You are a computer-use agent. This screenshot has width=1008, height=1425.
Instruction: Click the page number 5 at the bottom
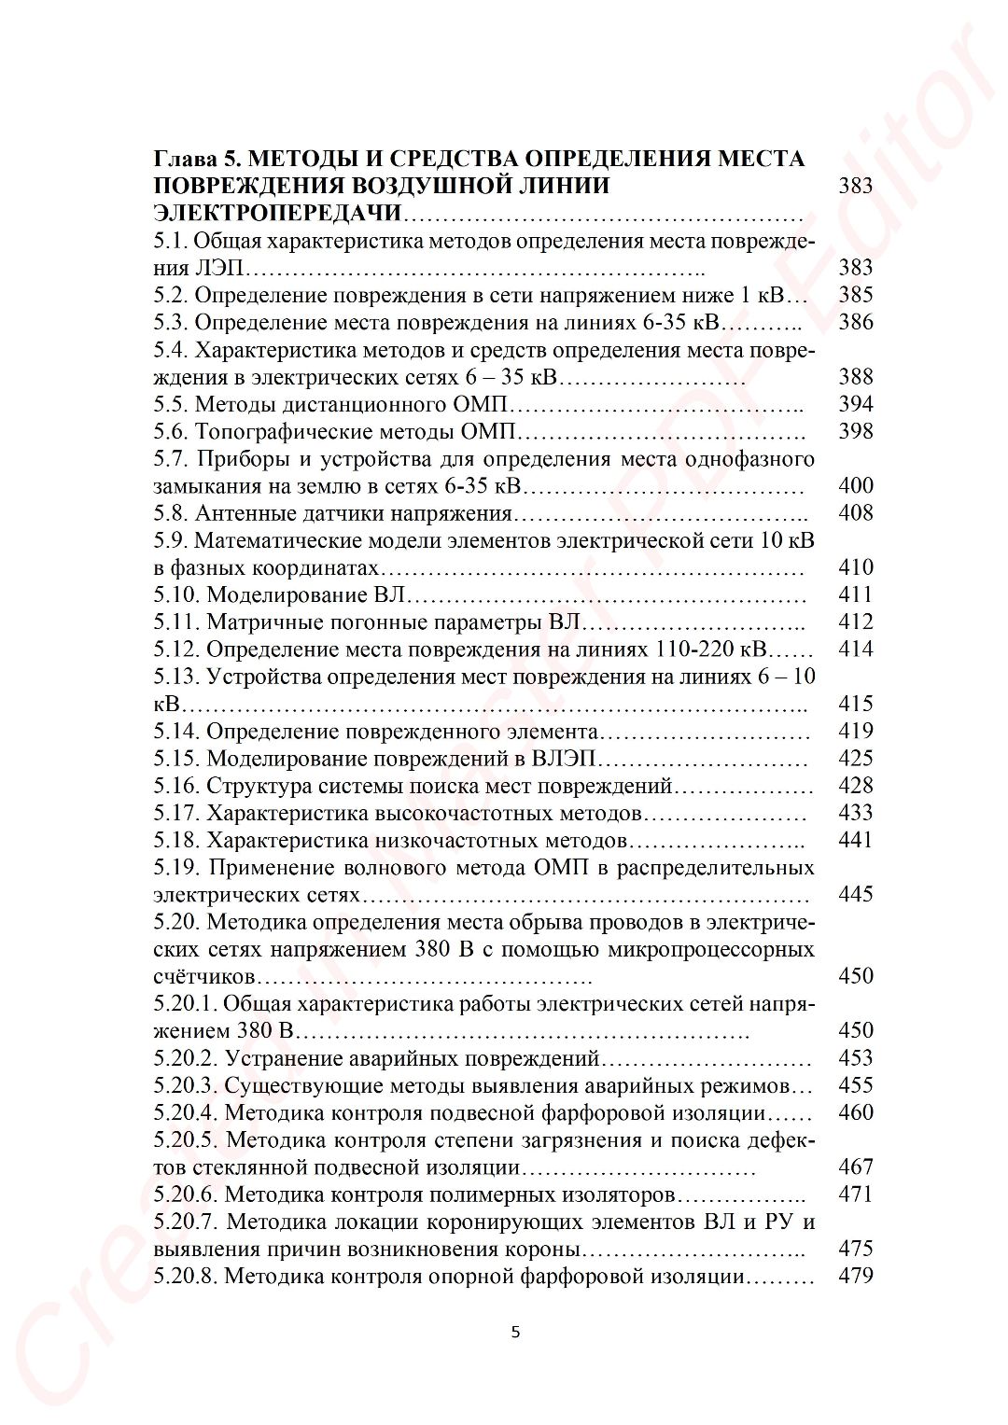click(x=515, y=1332)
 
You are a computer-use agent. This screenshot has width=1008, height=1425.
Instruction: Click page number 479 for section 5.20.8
click(x=855, y=1276)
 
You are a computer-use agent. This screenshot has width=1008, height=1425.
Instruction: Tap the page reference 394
click(x=855, y=404)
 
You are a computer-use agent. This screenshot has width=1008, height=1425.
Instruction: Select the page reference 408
click(x=855, y=512)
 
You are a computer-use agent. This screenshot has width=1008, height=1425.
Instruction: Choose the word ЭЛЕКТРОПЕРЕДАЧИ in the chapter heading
click(x=277, y=213)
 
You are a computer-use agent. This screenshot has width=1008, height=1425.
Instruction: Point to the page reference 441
click(x=855, y=840)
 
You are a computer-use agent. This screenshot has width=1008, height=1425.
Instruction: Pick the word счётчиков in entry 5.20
click(x=203, y=977)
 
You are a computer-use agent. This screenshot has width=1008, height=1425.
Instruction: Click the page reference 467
click(x=855, y=1167)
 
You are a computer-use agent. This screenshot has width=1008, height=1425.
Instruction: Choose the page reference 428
click(x=855, y=786)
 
